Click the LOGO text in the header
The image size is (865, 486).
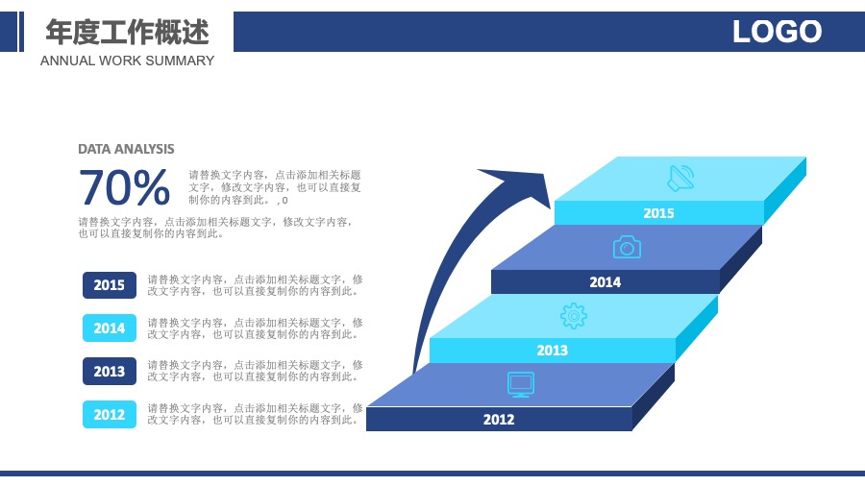point(777,32)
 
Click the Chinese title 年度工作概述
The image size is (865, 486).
point(128,32)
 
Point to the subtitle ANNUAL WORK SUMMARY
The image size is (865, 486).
point(127,61)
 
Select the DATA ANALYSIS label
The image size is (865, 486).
point(126,149)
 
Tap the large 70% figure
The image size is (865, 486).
point(124,187)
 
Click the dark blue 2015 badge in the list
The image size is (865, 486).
point(110,285)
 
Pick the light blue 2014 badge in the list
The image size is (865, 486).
point(110,328)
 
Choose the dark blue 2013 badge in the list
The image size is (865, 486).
point(110,371)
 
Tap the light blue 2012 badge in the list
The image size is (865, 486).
point(110,414)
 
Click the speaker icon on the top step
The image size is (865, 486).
point(680,179)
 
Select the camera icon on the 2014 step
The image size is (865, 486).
point(627,248)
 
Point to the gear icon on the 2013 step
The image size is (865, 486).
point(574,316)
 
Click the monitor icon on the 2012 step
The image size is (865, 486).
point(521,384)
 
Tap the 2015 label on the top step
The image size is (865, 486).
point(658,213)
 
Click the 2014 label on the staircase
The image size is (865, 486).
point(605,282)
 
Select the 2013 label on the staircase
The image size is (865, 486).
point(553,351)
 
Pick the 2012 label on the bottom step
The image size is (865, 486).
point(499,420)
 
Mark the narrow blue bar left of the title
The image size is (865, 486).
point(21,32)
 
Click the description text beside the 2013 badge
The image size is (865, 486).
point(255,371)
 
